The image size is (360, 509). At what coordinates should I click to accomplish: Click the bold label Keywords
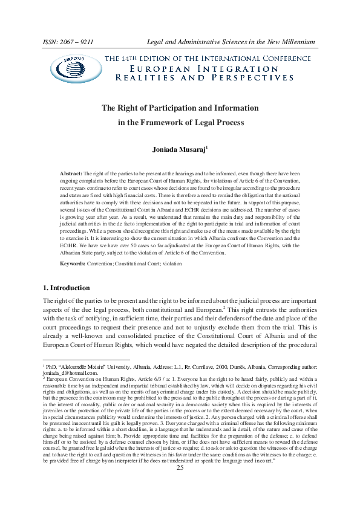point(77,264)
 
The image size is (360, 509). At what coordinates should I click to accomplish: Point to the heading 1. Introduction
point(68,288)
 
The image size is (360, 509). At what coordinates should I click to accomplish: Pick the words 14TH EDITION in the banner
point(155,58)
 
